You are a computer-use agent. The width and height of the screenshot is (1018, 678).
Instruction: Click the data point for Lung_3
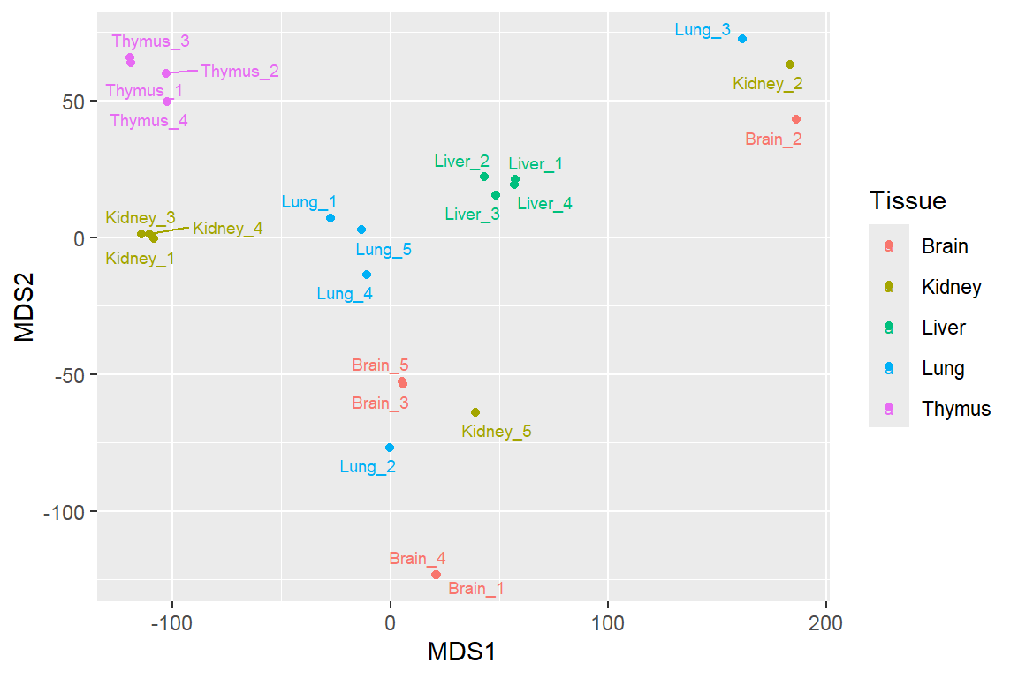tap(742, 39)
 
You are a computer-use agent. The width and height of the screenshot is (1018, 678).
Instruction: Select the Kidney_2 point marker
tap(790, 64)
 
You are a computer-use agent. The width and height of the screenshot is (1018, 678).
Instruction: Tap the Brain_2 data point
tap(796, 119)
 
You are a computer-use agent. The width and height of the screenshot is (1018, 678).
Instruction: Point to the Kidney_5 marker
tap(475, 412)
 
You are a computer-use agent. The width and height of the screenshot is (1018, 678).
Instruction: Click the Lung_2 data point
tap(390, 448)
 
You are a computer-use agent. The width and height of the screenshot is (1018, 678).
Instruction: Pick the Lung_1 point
tap(330, 218)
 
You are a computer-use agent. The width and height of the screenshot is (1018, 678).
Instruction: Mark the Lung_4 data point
tap(367, 275)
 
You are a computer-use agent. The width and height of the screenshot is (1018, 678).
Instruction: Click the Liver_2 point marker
tap(484, 177)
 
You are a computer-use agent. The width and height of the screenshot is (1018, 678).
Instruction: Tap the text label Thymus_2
tap(239, 72)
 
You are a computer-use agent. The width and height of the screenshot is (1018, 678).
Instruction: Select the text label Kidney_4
tap(227, 229)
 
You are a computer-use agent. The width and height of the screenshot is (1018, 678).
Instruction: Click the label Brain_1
tap(476, 589)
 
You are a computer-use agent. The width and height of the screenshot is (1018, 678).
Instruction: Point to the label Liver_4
tap(544, 204)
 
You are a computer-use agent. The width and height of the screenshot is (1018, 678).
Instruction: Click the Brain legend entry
tap(944, 246)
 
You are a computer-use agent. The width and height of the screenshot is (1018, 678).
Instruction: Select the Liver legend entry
tap(943, 328)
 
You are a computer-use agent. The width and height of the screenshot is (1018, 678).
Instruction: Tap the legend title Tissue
tap(907, 201)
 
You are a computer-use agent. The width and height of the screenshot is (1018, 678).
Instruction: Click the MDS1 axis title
tap(461, 653)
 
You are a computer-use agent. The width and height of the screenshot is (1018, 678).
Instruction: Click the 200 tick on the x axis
tap(825, 622)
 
